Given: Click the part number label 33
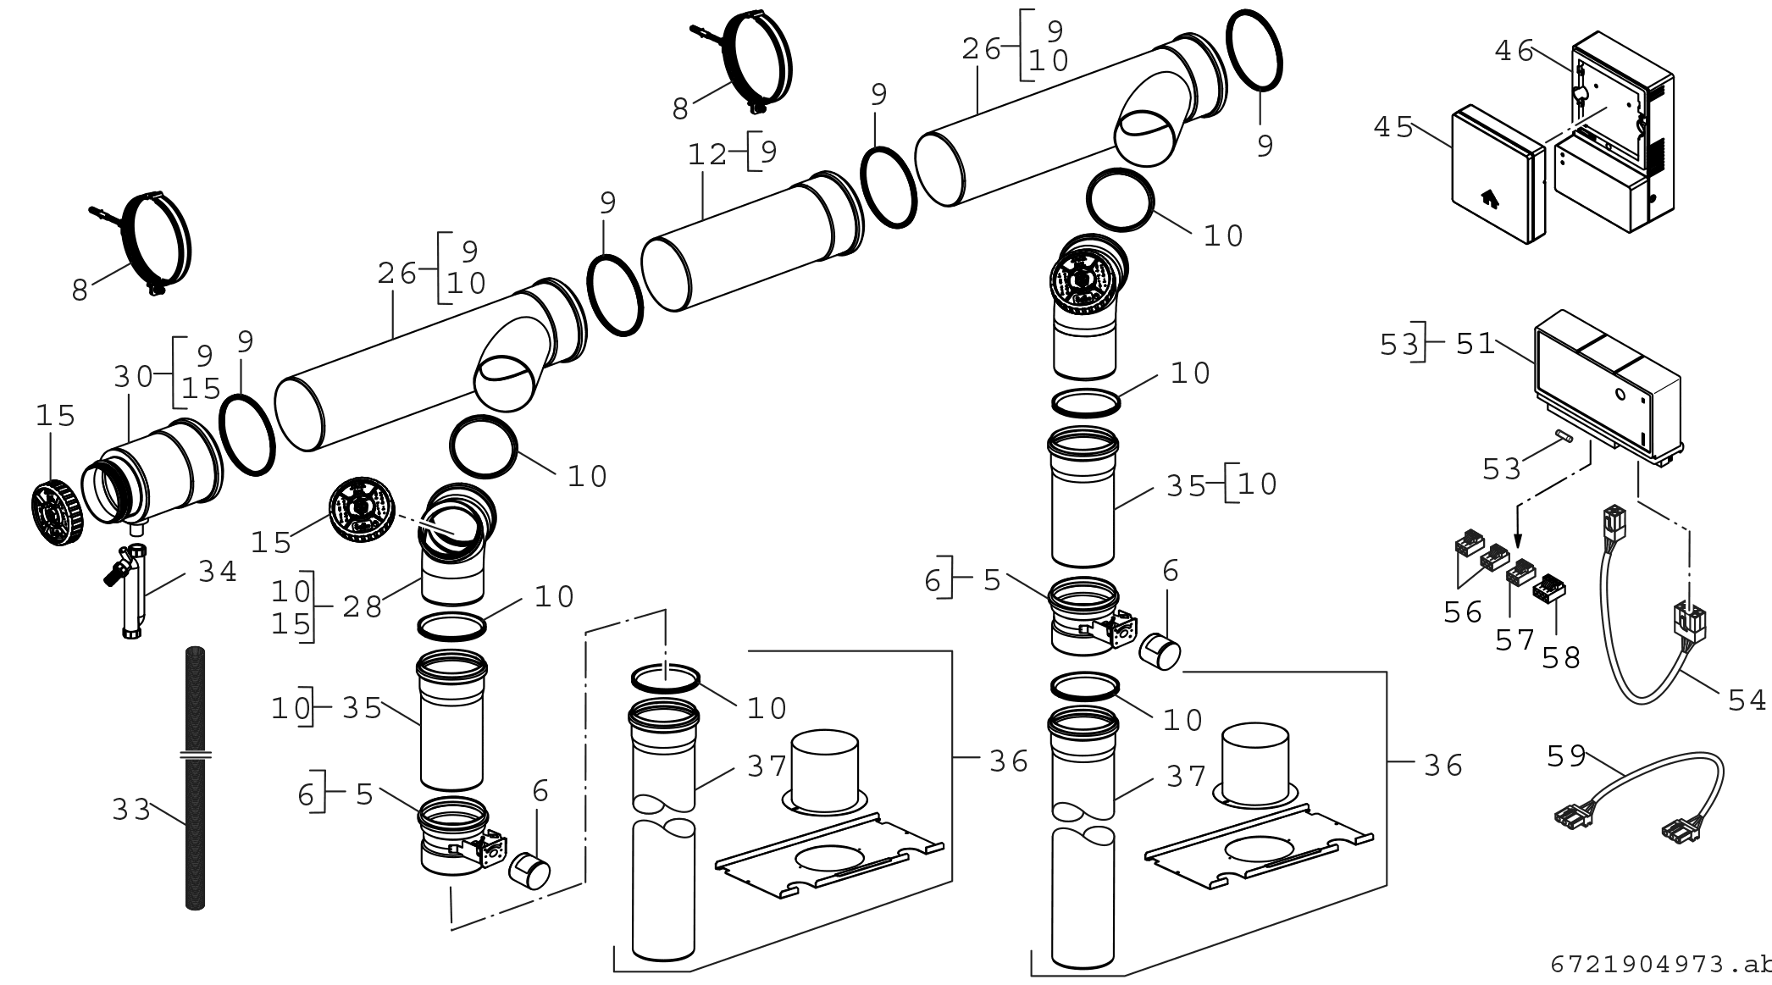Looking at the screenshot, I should [130, 810].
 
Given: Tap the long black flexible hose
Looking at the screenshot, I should [195, 779].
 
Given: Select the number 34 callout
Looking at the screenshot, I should [218, 572].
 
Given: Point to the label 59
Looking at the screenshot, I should [1566, 756].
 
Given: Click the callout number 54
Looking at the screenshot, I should [1747, 700].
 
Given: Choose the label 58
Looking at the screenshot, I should [1561, 657].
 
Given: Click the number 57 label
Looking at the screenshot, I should [1515, 640].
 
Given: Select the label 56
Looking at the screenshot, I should [1463, 612].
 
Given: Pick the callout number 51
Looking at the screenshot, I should [1476, 344].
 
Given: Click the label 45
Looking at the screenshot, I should [1393, 128].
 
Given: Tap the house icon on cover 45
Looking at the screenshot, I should [1488, 200].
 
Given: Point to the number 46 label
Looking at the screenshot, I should [1514, 52].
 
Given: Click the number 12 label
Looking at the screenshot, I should [707, 155].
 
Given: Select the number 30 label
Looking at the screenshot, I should [133, 376].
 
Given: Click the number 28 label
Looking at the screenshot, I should [363, 607].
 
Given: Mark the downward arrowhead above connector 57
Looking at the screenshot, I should [1518, 542].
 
